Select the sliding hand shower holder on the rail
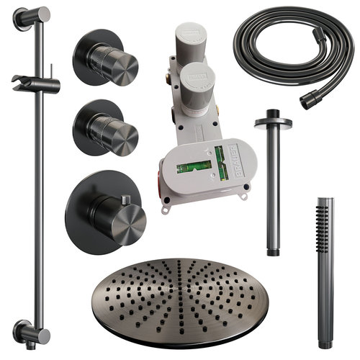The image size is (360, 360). [36, 82]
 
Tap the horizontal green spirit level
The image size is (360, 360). [193, 167]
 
